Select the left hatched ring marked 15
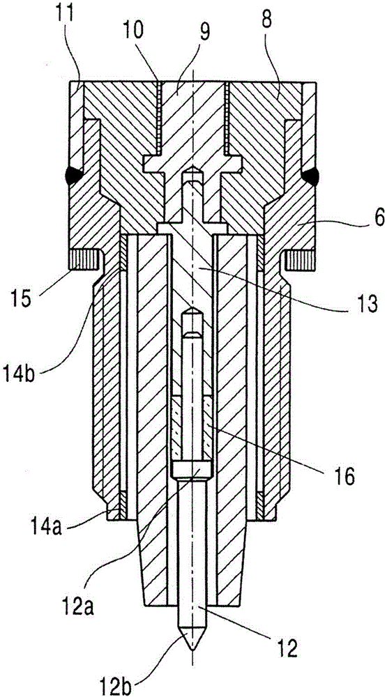click(83, 260)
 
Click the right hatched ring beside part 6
click(299, 260)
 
